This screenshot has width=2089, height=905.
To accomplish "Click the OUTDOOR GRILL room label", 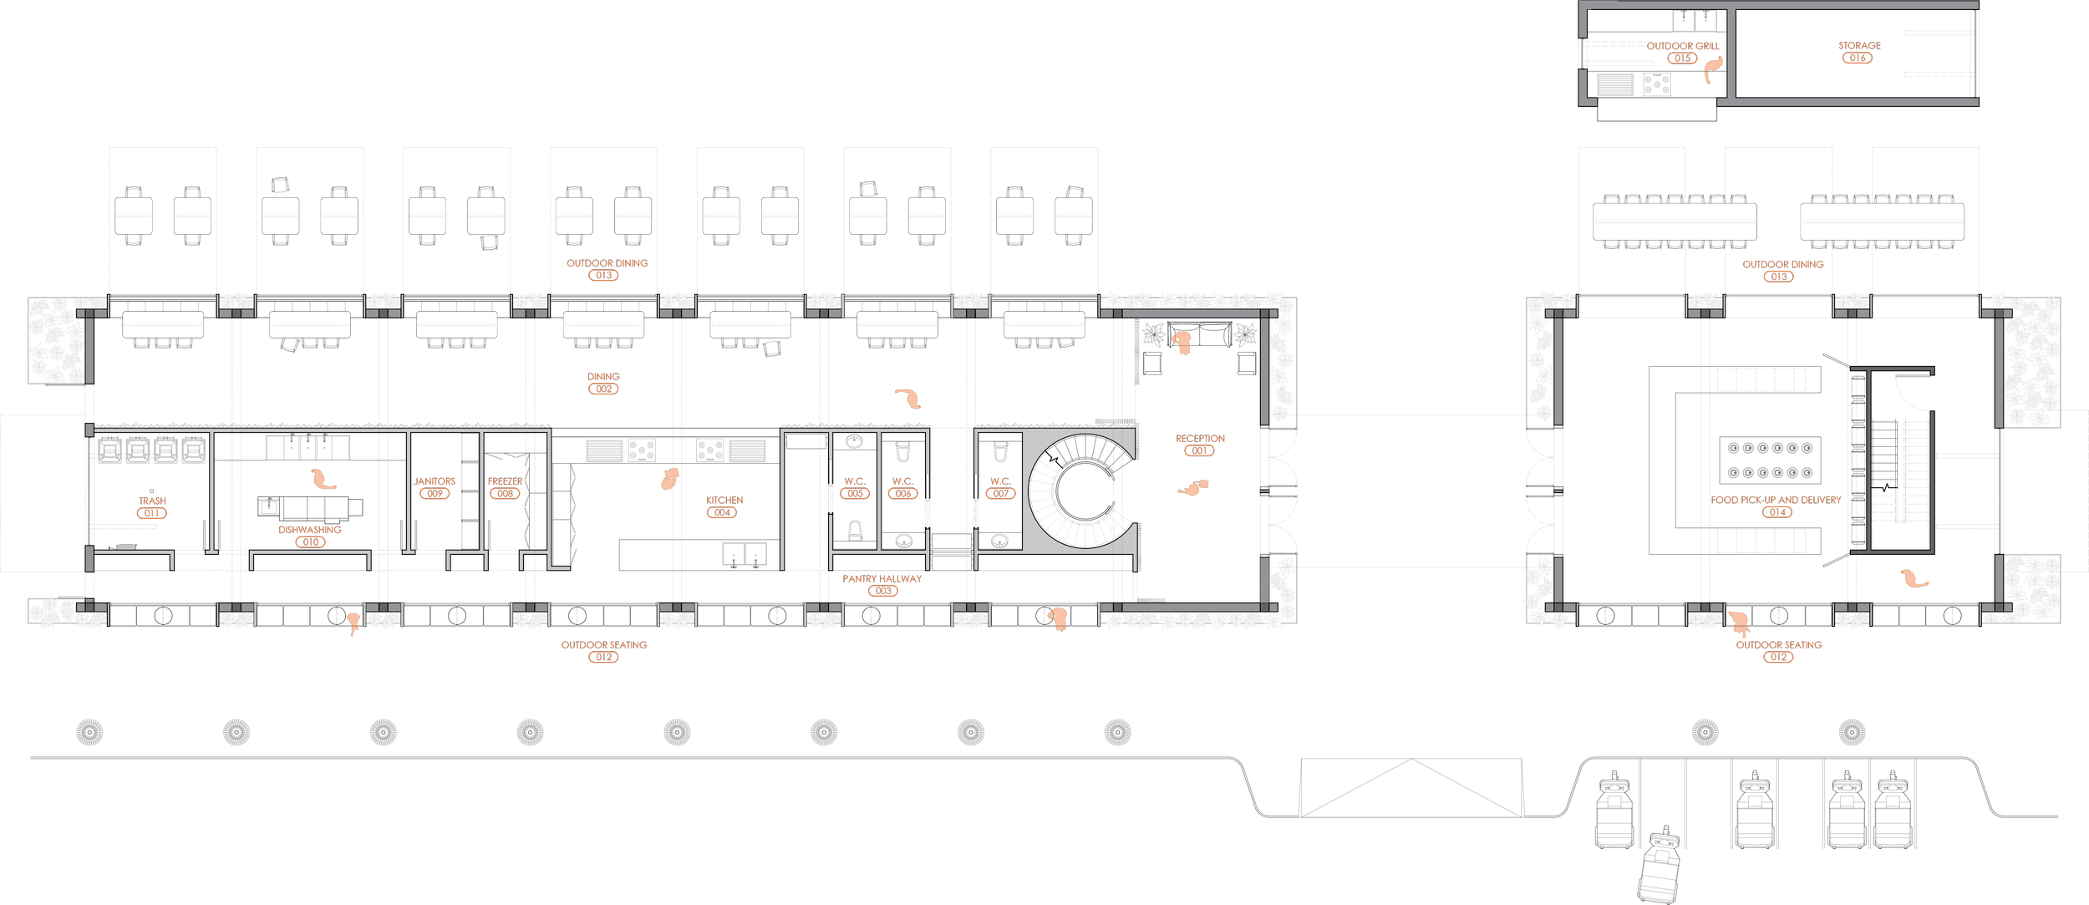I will pyautogui.click(x=1683, y=46).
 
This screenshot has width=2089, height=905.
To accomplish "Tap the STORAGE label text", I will pyautogui.click(x=1859, y=45).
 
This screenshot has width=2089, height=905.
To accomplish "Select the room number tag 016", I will pyautogui.click(x=1858, y=58).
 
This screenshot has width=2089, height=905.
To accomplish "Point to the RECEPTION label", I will pyautogui.click(x=1200, y=439).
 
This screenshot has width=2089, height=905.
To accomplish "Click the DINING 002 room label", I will pyautogui.click(x=603, y=377).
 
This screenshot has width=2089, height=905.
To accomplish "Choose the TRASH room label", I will pyautogui.click(x=152, y=501).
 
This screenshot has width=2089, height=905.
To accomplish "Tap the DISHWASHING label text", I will pyautogui.click(x=310, y=530).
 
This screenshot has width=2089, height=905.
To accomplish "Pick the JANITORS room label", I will pyautogui.click(x=435, y=481).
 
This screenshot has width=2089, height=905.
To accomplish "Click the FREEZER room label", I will pyautogui.click(x=506, y=482).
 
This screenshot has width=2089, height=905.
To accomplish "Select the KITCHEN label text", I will pyautogui.click(x=724, y=501).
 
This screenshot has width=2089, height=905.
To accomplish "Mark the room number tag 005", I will pyautogui.click(x=855, y=494).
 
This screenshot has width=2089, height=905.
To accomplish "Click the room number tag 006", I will pyautogui.click(x=903, y=494).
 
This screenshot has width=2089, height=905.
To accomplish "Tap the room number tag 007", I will pyautogui.click(x=1001, y=494).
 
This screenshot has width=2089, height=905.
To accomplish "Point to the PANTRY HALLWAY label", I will pyautogui.click(x=882, y=578).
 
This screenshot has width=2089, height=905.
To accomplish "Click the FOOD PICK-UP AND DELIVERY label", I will pyautogui.click(x=1776, y=500).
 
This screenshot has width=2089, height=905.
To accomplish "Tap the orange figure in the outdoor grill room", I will pyautogui.click(x=1713, y=69).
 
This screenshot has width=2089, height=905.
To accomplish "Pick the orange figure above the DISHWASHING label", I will pyautogui.click(x=322, y=479).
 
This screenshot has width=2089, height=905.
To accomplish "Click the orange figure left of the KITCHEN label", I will pyautogui.click(x=670, y=479).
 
